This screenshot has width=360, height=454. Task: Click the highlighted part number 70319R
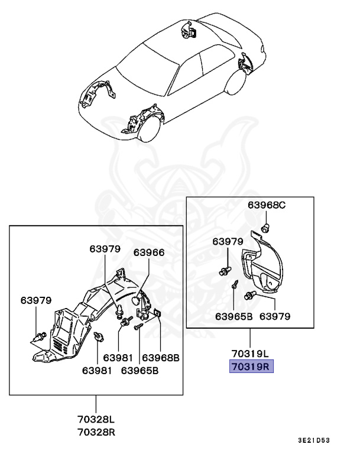249,367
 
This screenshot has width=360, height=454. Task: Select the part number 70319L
249,354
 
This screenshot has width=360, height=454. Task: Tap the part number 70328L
96,419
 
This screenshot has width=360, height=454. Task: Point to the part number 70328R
96,432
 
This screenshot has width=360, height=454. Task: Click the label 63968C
266,205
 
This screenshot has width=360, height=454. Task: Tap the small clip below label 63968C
267,227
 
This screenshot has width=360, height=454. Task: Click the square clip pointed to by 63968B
158,313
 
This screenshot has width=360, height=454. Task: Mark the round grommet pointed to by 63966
138,300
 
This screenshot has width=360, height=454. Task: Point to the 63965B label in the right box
233,316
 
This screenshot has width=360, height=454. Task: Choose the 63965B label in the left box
140,371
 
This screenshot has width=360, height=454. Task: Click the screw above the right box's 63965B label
235,284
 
